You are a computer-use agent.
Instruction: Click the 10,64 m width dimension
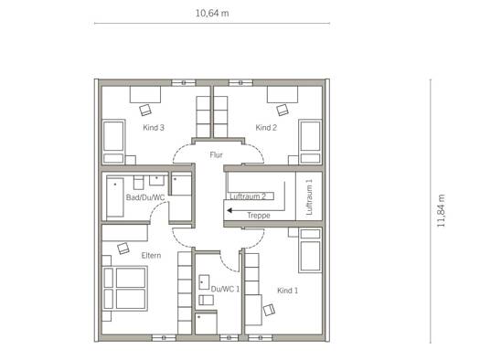tap(212, 14)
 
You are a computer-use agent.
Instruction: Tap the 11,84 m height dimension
tap(441, 211)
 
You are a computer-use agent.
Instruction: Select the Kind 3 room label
tap(154, 128)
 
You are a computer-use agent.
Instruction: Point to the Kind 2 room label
tap(266, 128)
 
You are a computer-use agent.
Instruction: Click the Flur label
tap(216, 155)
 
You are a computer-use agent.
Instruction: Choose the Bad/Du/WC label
tap(145, 197)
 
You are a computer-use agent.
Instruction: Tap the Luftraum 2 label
tap(248, 196)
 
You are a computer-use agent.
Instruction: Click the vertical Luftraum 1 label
tap(309, 196)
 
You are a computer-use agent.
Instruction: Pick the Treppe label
tap(259, 216)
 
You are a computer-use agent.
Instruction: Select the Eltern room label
tap(151, 256)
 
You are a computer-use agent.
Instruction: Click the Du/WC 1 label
tap(225, 289)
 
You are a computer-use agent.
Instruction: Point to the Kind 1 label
tap(287, 291)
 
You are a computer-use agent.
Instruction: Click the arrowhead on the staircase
tap(229, 210)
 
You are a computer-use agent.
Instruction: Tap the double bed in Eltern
tap(125, 289)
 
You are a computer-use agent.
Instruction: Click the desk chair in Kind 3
tap(145, 110)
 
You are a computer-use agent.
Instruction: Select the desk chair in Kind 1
tap(269, 310)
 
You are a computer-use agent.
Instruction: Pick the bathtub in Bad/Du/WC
tap(115, 197)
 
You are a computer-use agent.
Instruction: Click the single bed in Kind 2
tap(311, 142)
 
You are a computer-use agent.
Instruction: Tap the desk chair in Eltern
tap(123, 248)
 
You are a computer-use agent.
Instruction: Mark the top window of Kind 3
tap(184, 82)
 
